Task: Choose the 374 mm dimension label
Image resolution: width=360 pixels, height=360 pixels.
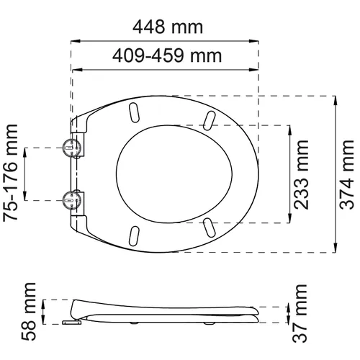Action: coord(348,174)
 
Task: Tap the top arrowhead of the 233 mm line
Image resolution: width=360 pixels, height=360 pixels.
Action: coord(290,128)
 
